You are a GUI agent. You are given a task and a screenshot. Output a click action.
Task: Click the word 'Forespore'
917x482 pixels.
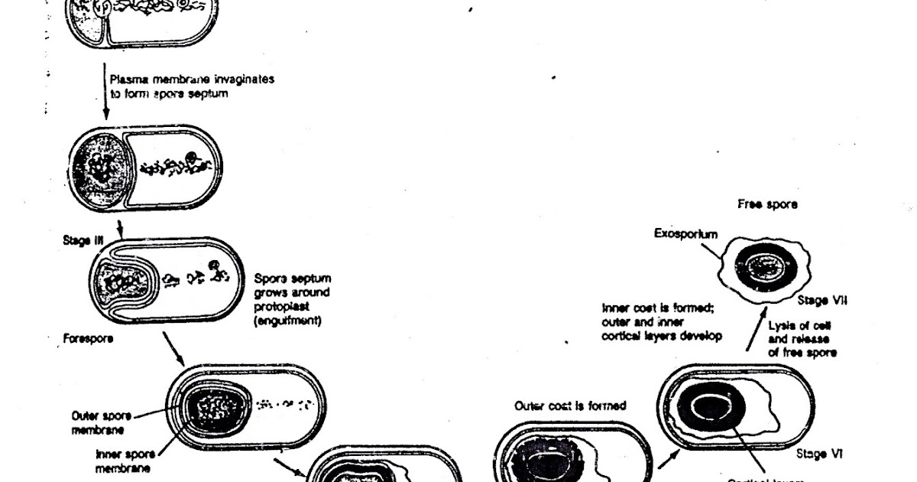(x=85, y=338)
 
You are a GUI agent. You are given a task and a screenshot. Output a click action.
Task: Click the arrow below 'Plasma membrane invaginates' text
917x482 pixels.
(x=105, y=96)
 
